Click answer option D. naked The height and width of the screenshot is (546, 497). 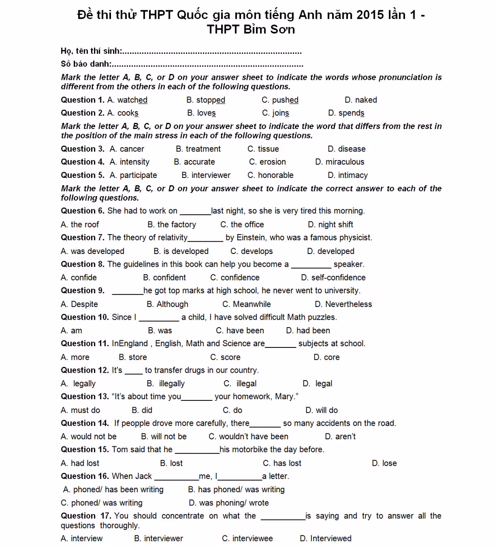(360, 100)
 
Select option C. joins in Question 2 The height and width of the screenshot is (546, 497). (275, 113)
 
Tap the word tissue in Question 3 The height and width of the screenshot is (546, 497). (268, 149)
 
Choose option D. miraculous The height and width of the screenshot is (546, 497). (340, 162)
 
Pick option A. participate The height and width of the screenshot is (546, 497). (133, 175)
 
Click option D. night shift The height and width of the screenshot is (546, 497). (331, 225)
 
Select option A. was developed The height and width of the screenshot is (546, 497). (92, 251)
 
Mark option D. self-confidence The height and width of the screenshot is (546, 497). (333, 278)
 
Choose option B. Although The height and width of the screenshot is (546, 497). (167, 304)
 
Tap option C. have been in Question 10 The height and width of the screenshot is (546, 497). (240, 331)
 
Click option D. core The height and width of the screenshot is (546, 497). (326, 357)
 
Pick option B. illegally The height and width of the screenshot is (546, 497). (166, 384)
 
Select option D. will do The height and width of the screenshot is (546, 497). (321, 410)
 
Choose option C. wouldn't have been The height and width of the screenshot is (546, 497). (248, 437)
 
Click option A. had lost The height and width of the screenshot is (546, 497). (80, 463)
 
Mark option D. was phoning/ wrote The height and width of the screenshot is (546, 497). (229, 503)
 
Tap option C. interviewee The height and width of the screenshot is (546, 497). (247, 539)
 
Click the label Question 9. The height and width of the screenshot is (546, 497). (83, 291)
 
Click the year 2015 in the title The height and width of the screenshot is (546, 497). (370, 15)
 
